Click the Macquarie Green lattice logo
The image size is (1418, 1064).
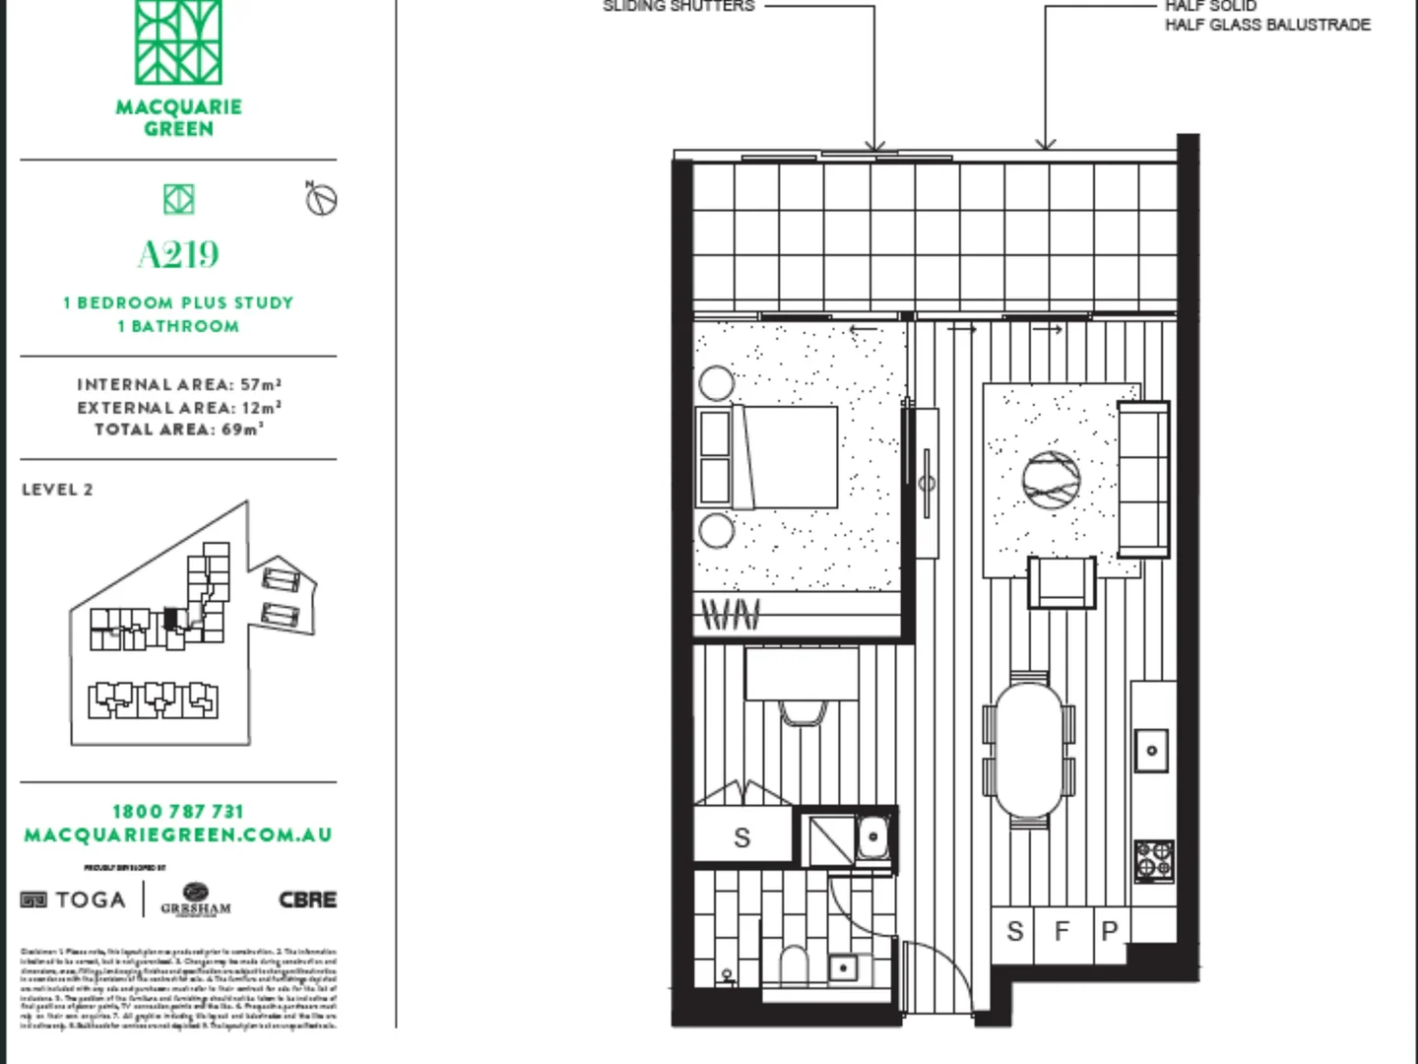pyautogui.click(x=178, y=41)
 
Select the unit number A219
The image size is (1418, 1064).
pyautogui.click(x=178, y=254)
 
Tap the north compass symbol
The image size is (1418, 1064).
pyautogui.click(x=321, y=199)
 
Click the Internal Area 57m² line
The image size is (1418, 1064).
pyautogui.click(x=178, y=385)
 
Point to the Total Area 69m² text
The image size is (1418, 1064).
pyautogui.click(x=178, y=430)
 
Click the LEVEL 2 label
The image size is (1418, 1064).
pyautogui.click(x=57, y=490)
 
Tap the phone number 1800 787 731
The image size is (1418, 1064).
pyautogui.click(x=178, y=812)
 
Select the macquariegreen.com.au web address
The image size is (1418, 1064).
pyautogui.click(x=178, y=835)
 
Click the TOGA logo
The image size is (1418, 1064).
pyautogui.click(x=75, y=899)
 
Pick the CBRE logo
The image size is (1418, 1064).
pyautogui.click(x=307, y=899)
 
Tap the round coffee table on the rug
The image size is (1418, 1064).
pyautogui.click(x=1051, y=481)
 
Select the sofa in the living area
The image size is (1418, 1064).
pyautogui.click(x=1143, y=478)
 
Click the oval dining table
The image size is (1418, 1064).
pyautogui.click(x=1029, y=750)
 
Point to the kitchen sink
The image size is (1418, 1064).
pyautogui.click(x=1151, y=751)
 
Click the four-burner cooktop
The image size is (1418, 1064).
pyautogui.click(x=1154, y=860)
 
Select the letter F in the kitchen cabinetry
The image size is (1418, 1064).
pyautogui.click(x=1062, y=931)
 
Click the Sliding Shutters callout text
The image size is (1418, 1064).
pyautogui.click(x=678, y=6)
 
